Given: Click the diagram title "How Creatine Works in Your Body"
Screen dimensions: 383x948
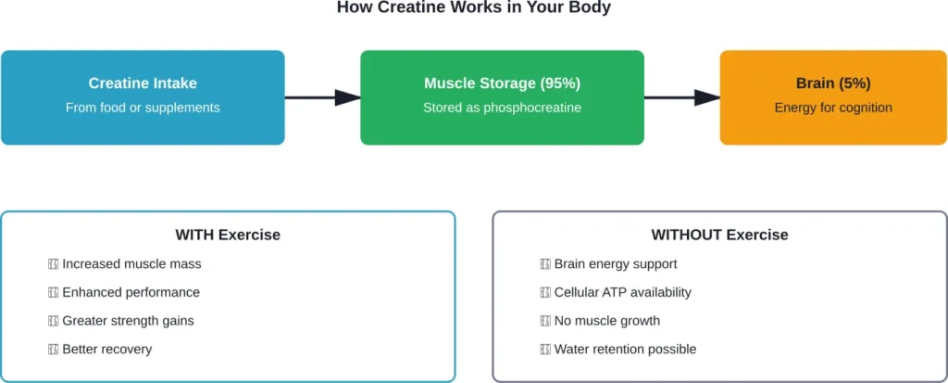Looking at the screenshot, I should point(473,7).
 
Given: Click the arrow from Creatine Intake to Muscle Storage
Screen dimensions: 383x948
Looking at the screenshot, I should point(321,97).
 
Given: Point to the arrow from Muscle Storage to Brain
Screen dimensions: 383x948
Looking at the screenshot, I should point(681,97).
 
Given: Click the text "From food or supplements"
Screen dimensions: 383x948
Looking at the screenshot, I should point(143,108).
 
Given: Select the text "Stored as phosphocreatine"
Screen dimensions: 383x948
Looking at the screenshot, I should point(502,108).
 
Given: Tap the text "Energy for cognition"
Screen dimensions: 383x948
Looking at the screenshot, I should point(833,108).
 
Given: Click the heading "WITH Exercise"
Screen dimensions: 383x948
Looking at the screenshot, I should point(228,235).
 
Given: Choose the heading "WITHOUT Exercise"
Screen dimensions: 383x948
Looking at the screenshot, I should point(719,235).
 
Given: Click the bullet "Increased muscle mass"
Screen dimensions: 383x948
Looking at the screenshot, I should point(131,264).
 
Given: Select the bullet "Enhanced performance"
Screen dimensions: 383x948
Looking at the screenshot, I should point(131,292).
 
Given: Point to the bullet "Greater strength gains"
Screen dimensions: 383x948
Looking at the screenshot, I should point(128,321).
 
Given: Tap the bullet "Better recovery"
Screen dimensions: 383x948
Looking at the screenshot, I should point(106,350).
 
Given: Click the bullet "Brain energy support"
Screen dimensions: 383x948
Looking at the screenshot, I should point(615,264).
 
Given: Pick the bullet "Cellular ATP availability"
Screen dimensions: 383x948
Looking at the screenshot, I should point(622,292).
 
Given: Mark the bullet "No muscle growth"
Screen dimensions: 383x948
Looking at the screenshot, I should point(606,321).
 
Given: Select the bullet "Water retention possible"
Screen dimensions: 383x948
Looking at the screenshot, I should point(625,350).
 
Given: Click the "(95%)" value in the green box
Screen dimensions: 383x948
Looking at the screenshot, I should point(560,83).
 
